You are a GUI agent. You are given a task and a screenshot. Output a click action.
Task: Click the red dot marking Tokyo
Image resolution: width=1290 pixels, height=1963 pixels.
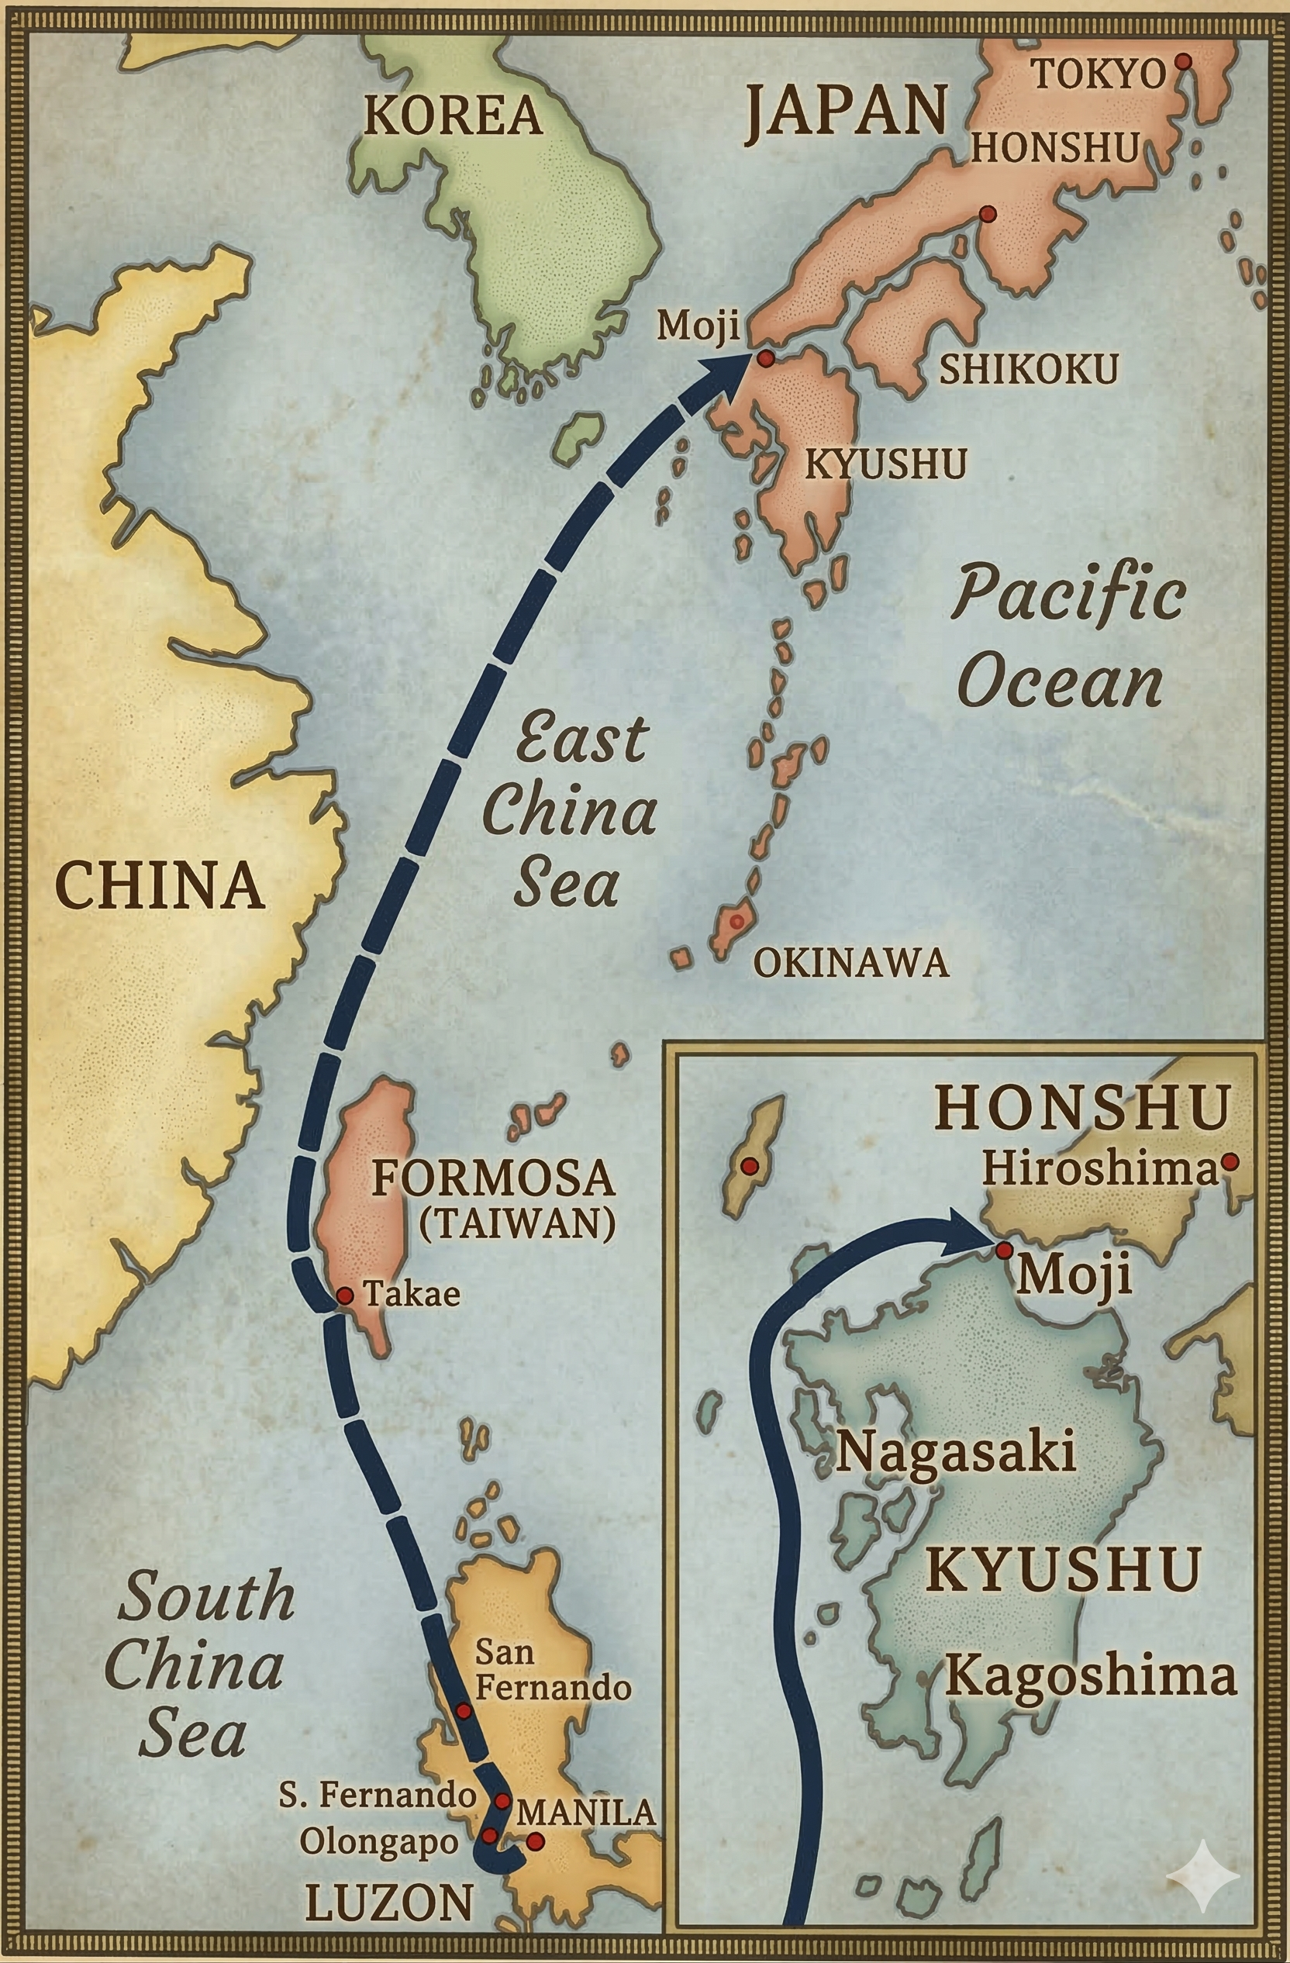[1182, 62]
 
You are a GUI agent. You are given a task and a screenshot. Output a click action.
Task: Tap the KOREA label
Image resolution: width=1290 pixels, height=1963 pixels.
[453, 116]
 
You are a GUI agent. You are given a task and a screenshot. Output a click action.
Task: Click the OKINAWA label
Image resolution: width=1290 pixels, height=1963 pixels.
[850, 963]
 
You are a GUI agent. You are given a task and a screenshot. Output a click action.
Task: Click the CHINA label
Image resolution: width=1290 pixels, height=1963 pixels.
[159, 886]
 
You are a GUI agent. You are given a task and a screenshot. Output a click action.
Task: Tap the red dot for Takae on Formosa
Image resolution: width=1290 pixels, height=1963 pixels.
[346, 1296]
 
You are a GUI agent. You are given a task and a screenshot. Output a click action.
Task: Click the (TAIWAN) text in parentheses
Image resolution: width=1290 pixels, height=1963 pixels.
[517, 1223]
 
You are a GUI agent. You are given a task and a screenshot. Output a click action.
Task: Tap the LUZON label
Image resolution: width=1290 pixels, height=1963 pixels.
[388, 1902]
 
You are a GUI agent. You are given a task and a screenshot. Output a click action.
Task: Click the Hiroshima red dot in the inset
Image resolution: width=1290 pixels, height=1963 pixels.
[1229, 1162]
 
